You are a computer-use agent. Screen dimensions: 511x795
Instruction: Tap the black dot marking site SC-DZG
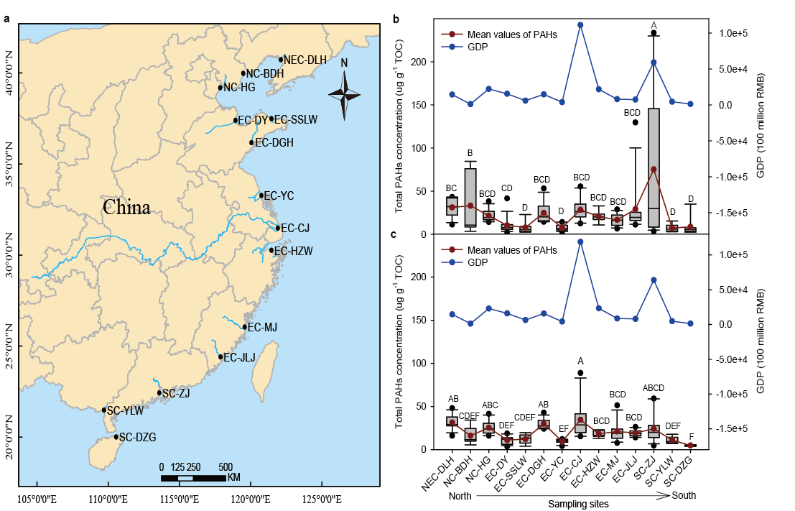point(116,436)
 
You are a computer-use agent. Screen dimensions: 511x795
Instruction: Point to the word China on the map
point(126,208)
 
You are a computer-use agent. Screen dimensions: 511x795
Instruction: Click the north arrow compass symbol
point(345,93)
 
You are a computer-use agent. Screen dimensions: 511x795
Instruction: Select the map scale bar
point(192,477)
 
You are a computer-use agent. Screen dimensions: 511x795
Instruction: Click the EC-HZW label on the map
point(294,251)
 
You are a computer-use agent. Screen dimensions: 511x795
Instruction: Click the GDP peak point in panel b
point(580,25)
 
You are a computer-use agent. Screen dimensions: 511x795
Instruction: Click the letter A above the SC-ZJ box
point(654,26)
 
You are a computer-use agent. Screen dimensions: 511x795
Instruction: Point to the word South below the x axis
point(684,495)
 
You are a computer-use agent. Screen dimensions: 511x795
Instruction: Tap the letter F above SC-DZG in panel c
point(690,437)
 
